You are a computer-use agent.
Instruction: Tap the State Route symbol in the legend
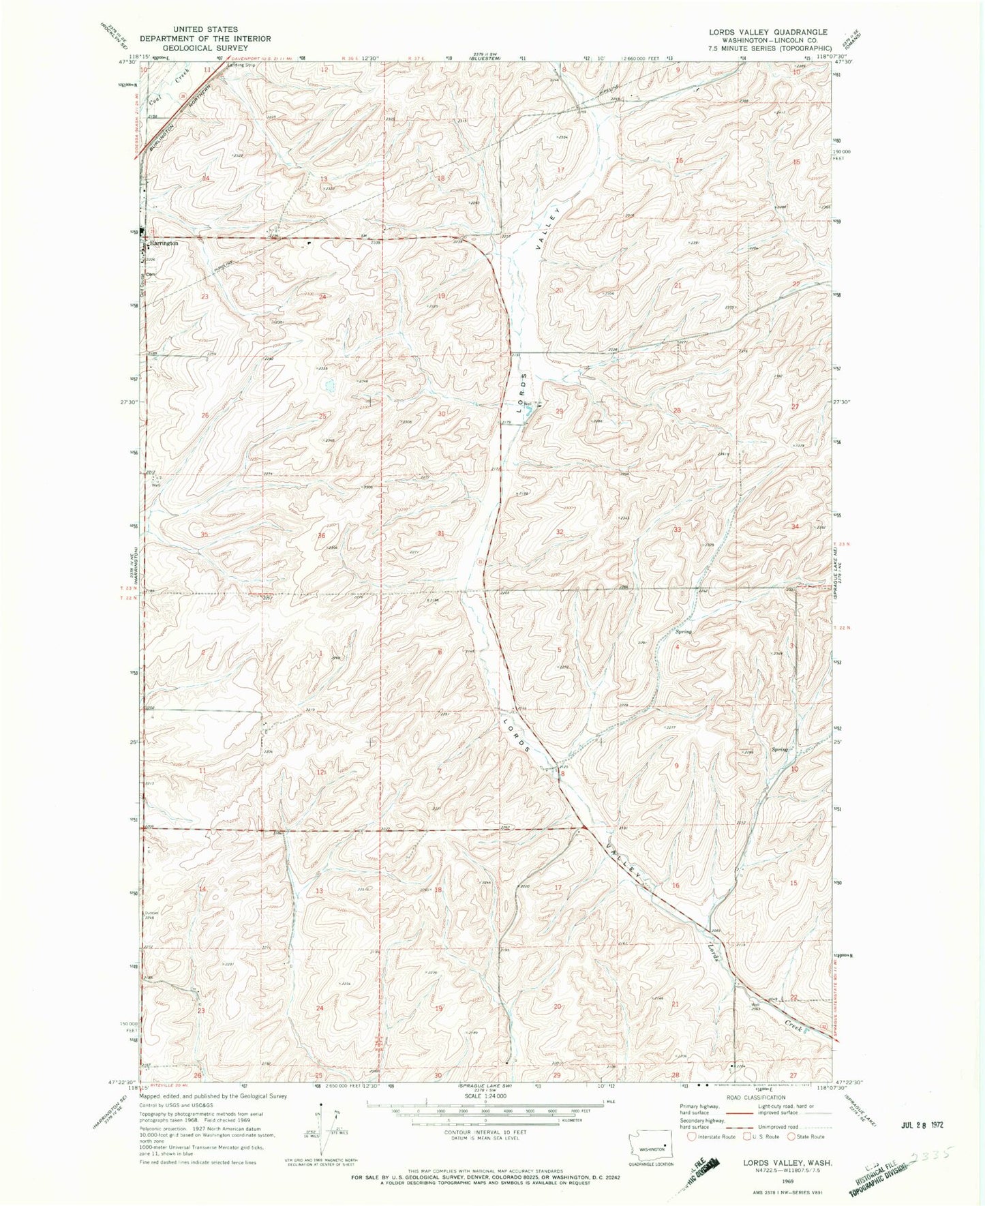(793, 1136)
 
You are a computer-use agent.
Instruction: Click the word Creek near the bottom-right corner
(791, 1025)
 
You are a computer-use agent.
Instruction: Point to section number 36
(322, 535)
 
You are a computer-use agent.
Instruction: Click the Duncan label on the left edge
(151, 912)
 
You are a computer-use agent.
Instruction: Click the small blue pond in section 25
(330, 386)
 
